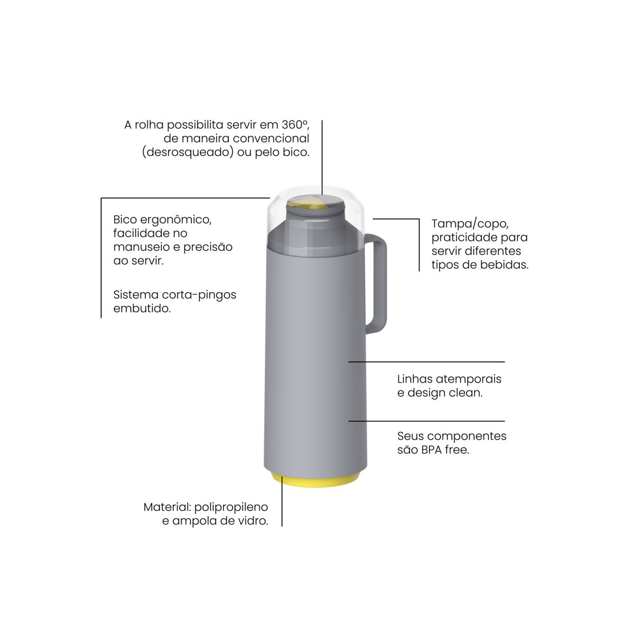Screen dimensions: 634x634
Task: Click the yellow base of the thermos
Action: click(x=315, y=481)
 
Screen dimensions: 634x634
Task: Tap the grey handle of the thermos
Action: click(x=380, y=283)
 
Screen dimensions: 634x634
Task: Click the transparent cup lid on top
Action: click(x=316, y=223)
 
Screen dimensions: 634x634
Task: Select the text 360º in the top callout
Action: click(x=295, y=125)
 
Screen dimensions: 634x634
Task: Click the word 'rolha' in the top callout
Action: click(x=150, y=125)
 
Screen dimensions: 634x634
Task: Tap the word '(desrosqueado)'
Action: click(x=188, y=152)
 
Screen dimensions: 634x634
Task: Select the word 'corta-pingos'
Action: click(x=199, y=295)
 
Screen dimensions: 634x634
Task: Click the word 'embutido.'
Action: click(x=142, y=309)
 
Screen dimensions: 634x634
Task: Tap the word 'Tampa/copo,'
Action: click(x=471, y=224)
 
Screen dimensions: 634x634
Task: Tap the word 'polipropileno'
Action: click(x=231, y=507)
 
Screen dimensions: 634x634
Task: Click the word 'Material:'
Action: click(x=167, y=507)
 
